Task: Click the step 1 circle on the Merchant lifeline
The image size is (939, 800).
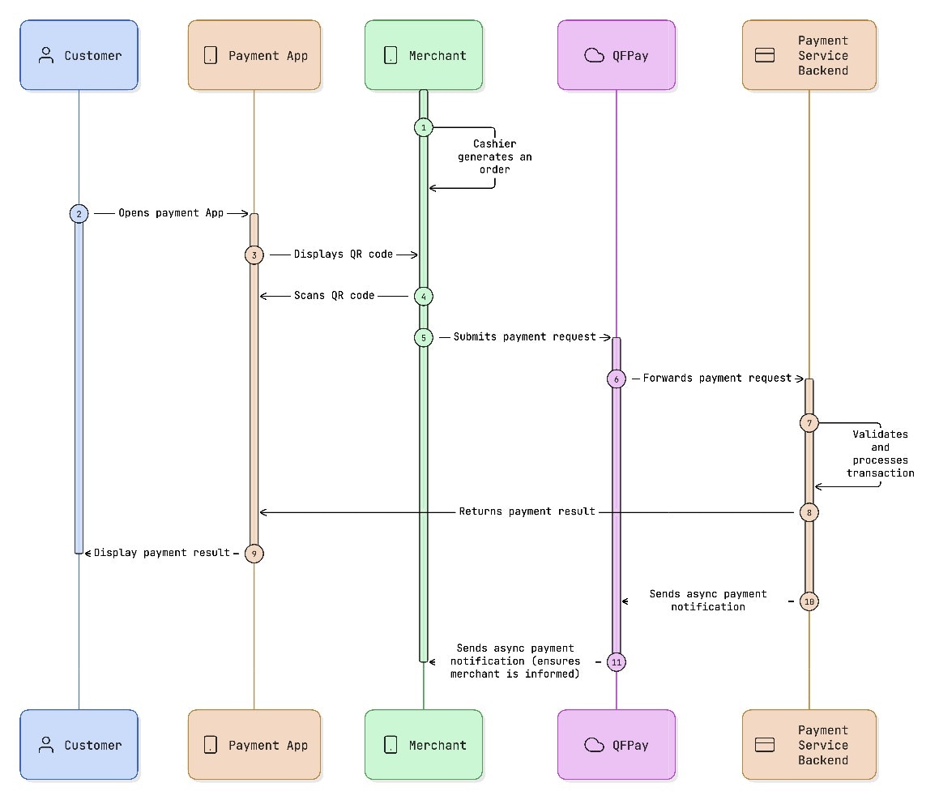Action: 423,128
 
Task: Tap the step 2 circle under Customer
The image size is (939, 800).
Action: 79,213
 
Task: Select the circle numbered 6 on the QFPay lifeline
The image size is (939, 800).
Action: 616,379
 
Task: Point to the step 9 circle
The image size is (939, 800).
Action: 254,554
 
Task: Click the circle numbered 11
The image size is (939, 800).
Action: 616,662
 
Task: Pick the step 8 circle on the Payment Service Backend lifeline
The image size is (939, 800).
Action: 809,512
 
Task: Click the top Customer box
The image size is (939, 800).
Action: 79,55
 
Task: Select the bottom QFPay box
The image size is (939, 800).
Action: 616,745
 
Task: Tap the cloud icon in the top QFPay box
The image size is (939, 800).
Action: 595,55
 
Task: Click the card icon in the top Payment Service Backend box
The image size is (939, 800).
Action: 765,55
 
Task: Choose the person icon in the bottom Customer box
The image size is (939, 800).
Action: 46,745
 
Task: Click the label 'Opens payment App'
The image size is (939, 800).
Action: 170,213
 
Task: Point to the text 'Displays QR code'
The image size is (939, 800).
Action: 344,255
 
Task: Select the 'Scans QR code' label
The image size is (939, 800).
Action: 335,296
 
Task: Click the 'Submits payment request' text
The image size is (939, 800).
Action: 524,336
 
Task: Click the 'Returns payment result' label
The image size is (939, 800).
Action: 527,512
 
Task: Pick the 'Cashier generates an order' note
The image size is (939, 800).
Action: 494,157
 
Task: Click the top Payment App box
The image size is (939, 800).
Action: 254,55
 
